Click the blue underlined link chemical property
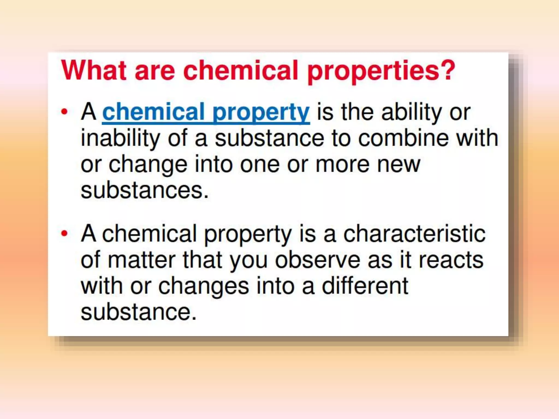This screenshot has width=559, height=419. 206,112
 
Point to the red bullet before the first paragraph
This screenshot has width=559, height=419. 64,112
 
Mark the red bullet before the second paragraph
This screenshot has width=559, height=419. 64,233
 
